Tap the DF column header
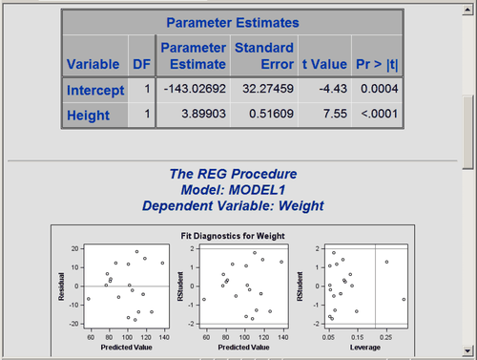139,65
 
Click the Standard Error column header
262,55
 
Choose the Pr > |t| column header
380,65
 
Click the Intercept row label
95,91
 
